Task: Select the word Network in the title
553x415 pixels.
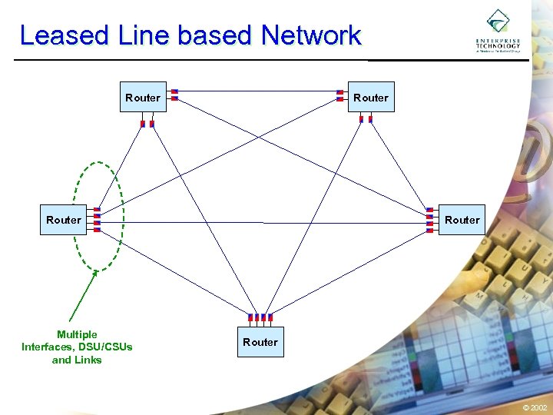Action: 310,35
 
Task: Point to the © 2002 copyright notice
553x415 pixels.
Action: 535,407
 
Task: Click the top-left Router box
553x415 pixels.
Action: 143,97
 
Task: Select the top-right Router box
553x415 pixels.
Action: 371,97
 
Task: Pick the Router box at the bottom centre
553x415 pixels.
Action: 260,341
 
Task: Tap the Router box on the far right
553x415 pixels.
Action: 462,220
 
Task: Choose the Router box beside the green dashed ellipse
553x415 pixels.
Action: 63,220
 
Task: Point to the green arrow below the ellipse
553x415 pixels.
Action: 81,295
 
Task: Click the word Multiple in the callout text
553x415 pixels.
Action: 77,334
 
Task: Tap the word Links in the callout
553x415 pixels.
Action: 87,360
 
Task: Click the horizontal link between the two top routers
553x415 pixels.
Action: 257,91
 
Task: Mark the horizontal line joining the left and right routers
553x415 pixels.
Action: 261,223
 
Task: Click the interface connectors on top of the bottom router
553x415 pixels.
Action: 260,317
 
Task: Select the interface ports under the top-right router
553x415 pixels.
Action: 365,120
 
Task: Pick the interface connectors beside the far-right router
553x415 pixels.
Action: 429,219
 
